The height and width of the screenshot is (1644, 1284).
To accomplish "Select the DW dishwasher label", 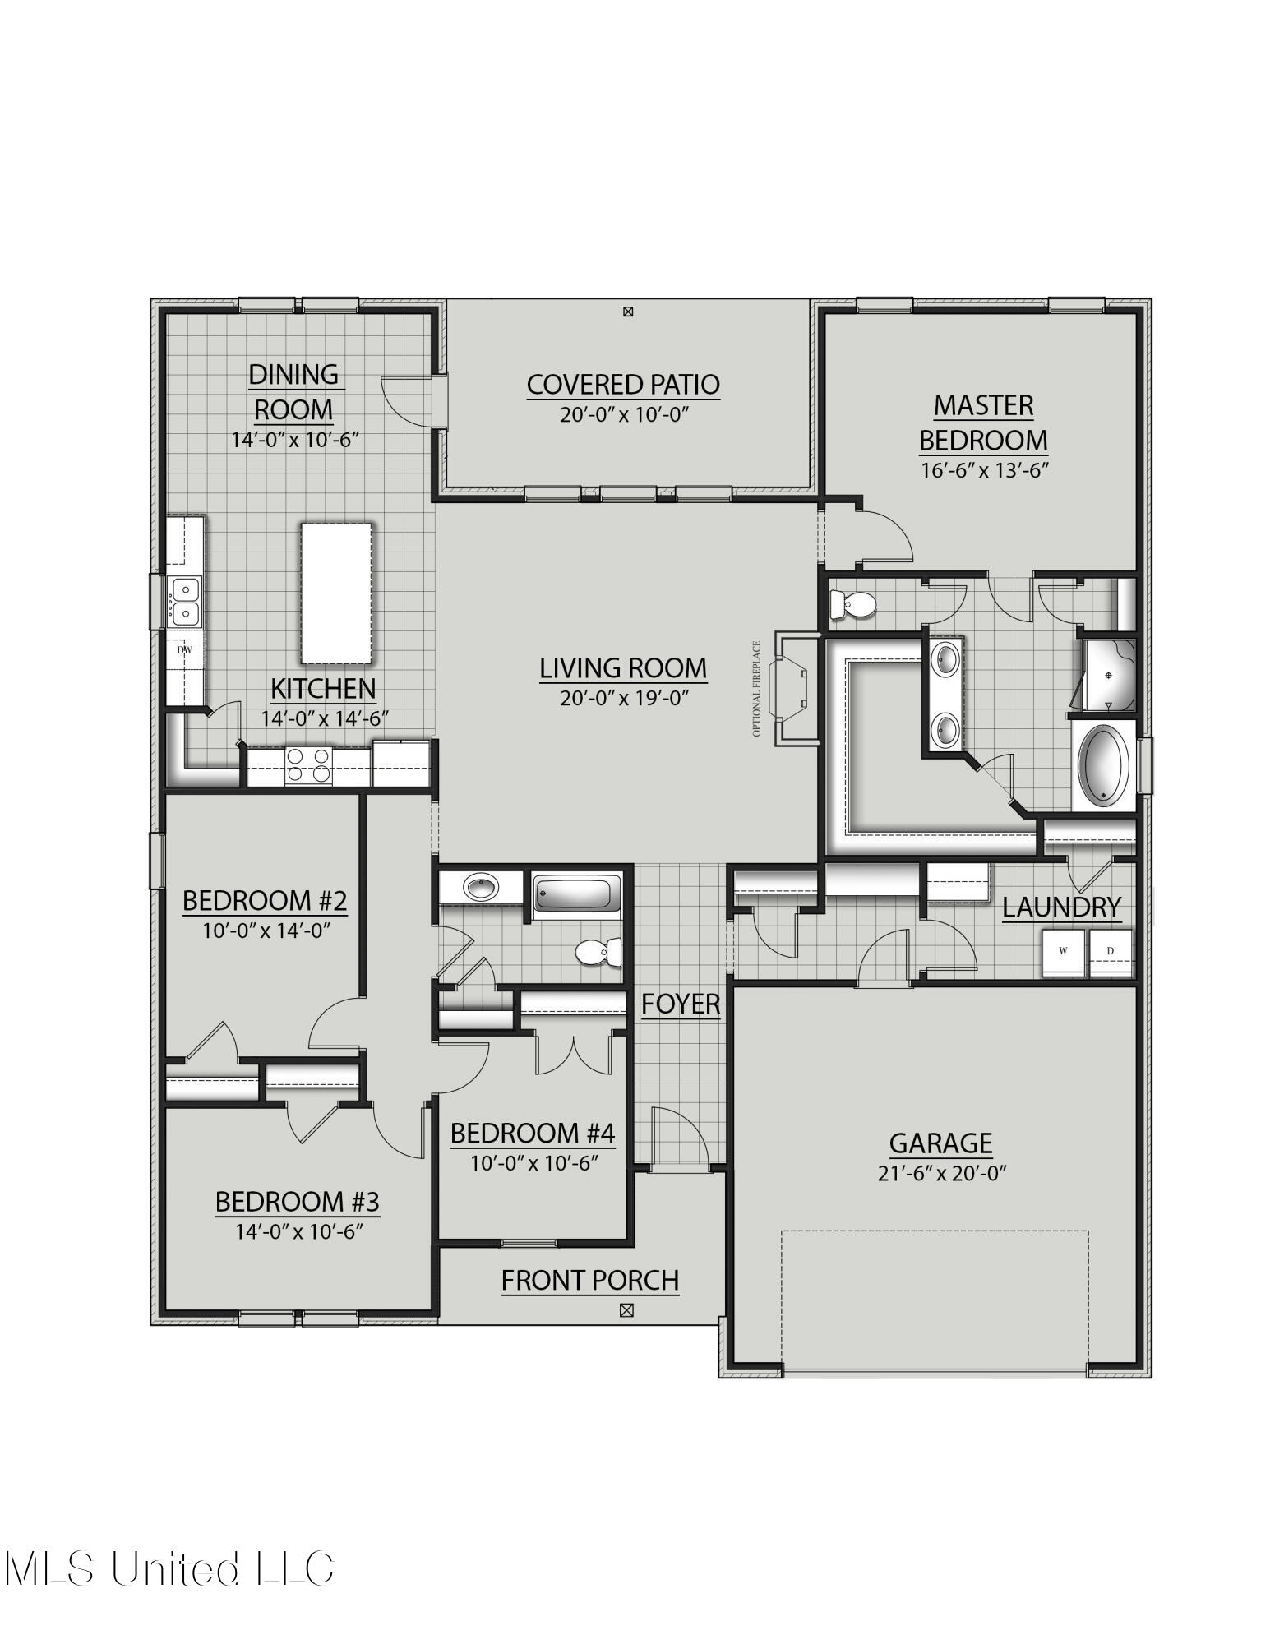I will [185, 650].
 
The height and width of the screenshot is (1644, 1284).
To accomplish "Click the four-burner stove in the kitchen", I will [308, 765].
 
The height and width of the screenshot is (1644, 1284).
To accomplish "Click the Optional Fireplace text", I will [757, 689].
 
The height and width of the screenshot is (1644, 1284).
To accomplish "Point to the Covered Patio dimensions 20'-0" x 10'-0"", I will [623, 414].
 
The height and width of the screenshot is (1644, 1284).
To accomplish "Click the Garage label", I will [940, 1143].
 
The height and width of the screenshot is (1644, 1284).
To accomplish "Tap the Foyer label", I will [681, 1004].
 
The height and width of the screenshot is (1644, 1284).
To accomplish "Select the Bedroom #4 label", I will [533, 1134].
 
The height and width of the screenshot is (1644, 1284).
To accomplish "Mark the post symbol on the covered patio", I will [628, 312].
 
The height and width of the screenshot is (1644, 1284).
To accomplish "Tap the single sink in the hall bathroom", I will [480, 888].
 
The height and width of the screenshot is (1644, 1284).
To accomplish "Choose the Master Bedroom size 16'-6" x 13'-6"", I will [983, 470].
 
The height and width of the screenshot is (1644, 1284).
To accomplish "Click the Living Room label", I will [623, 668].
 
